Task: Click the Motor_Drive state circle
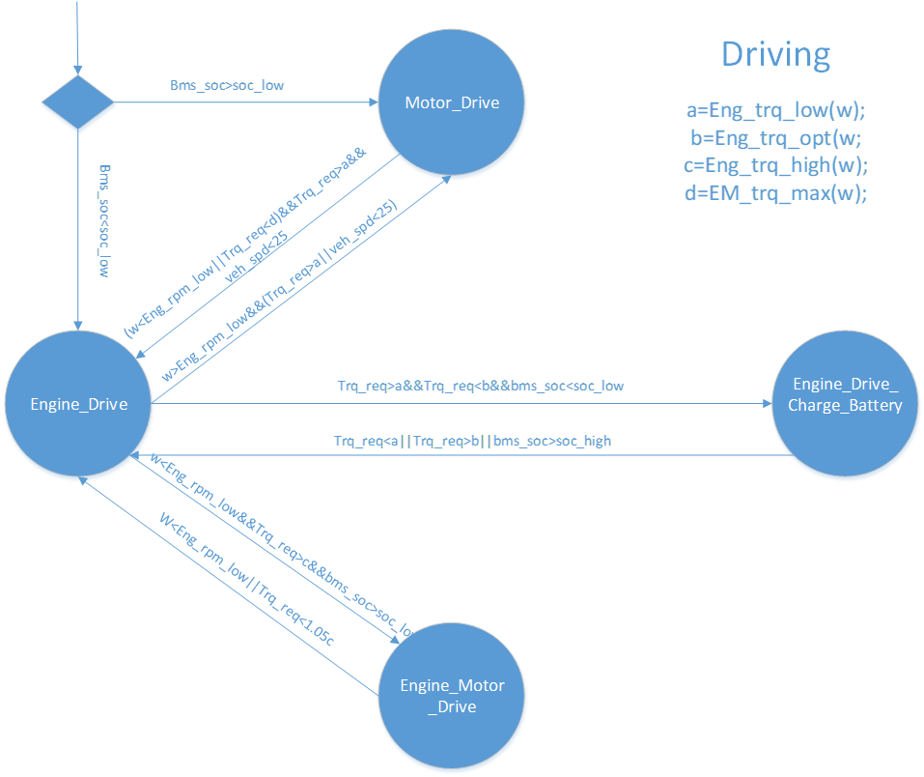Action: tap(452, 102)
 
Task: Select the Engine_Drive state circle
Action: tap(79, 405)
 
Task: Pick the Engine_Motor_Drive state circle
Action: tap(452, 696)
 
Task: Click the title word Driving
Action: tap(775, 55)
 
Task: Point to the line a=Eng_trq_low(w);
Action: tap(776, 110)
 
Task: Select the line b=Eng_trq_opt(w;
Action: tap(776, 137)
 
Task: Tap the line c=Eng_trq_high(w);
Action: tap(776, 164)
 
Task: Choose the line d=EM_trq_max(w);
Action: tap(776, 192)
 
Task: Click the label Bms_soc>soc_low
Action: tap(227, 85)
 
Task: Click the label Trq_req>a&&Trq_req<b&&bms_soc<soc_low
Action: tap(480, 386)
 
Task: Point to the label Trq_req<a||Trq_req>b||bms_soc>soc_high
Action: tap(472, 441)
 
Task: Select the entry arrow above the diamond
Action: tap(78, 34)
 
